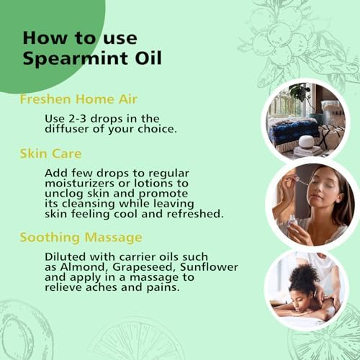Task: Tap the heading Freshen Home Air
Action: coord(78,99)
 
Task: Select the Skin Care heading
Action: coord(50,153)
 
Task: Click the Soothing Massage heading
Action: coord(81,238)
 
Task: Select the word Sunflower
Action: coord(209,267)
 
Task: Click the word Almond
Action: coord(84,267)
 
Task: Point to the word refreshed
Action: coord(195,214)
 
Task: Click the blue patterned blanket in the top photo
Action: coord(294,130)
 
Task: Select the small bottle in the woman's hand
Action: coord(293,222)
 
